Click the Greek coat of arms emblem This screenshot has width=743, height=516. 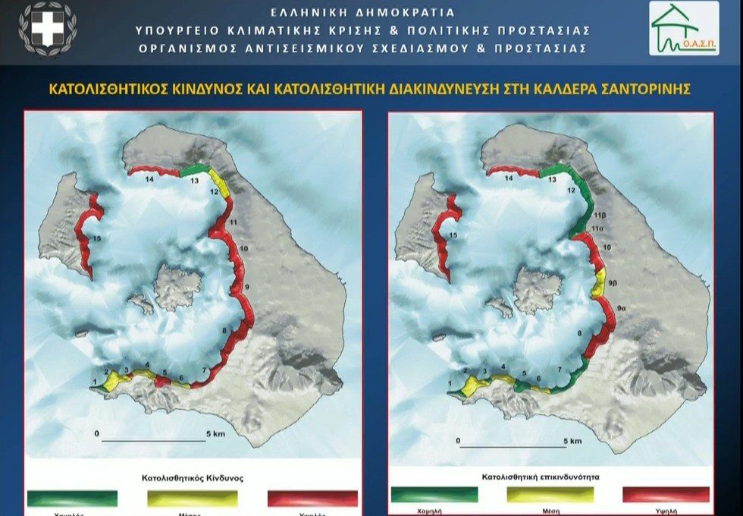tap(47, 30)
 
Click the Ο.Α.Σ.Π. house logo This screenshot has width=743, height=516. tap(683, 28)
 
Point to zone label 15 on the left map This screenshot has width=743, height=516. tap(96, 239)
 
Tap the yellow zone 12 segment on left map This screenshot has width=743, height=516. tap(218, 182)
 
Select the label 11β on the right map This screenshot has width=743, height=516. tap(600, 215)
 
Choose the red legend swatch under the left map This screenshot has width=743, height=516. tap(312, 498)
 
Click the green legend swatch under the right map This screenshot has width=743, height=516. tap(434, 495)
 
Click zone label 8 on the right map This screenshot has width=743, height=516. tap(578, 332)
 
